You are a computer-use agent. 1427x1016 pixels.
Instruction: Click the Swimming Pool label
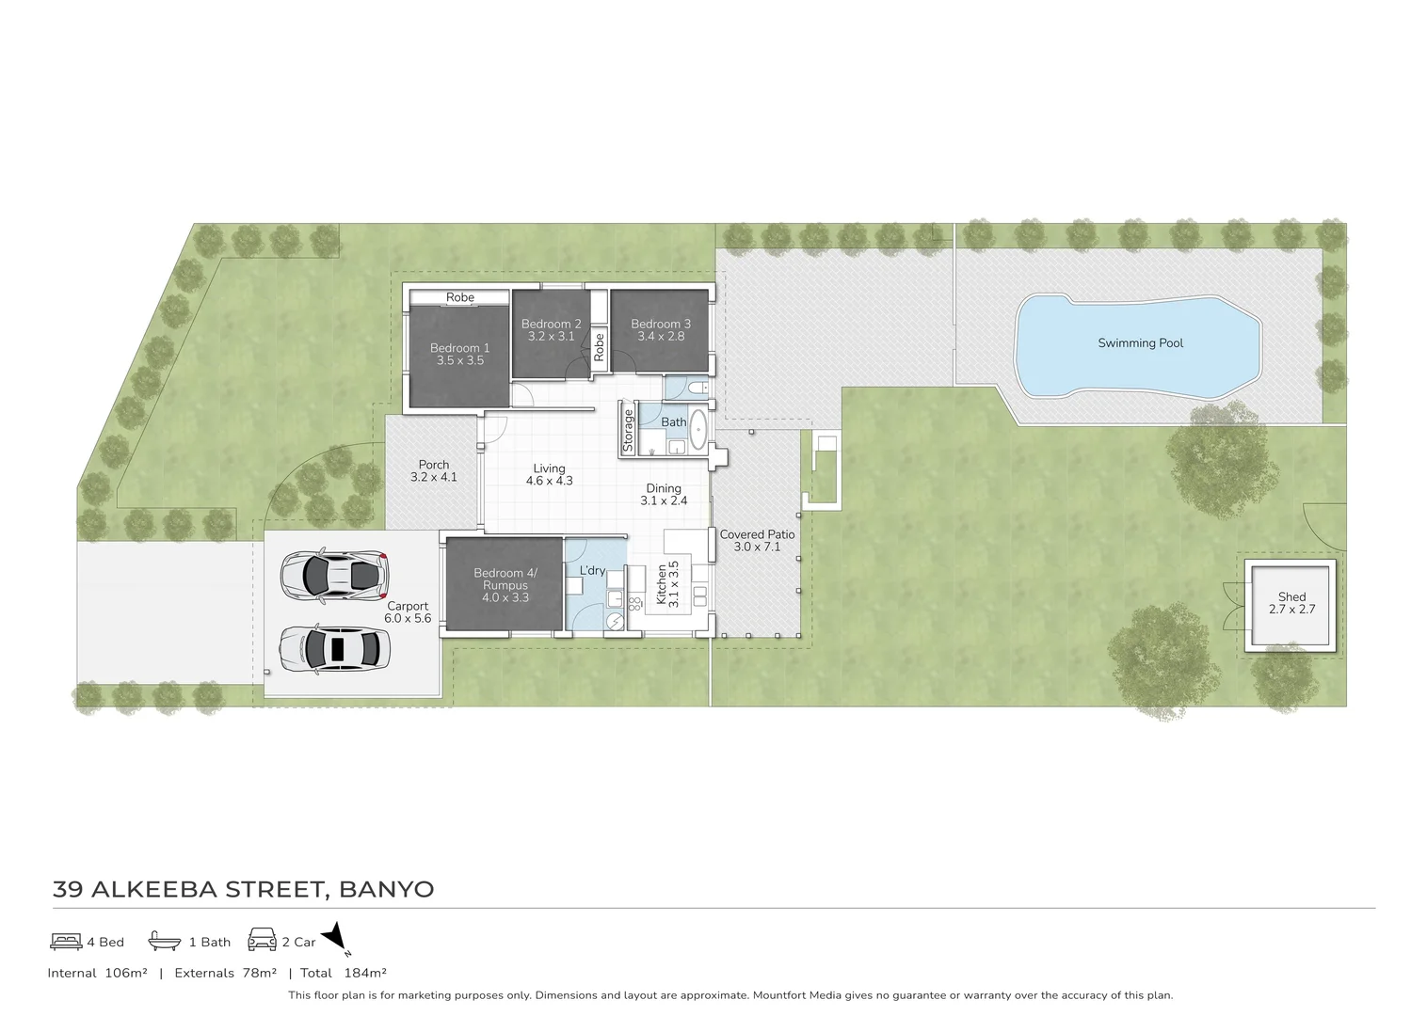tap(1140, 343)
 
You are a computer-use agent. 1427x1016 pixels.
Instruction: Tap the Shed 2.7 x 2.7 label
tap(1291, 603)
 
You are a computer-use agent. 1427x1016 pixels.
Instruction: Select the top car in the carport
tap(334, 574)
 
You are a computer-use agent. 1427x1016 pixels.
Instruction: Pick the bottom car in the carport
tap(334, 649)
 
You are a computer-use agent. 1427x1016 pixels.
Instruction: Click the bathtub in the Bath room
tap(698, 430)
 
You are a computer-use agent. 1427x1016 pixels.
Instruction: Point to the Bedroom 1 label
tap(459, 348)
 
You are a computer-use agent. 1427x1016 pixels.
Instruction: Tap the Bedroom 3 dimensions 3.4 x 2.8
tap(661, 337)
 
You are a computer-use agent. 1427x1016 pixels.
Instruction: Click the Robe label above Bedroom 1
tap(460, 297)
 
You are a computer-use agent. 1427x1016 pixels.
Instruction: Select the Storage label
tap(629, 430)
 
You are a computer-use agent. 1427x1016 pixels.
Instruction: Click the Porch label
tap(434, 465)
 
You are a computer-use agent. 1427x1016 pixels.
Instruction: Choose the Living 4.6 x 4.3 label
tap(549, 474)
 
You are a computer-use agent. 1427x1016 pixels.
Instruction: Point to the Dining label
tap(664, 488)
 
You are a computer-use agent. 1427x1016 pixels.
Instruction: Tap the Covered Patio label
tap(757, 534)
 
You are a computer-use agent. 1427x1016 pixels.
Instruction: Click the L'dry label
tap(592, 570)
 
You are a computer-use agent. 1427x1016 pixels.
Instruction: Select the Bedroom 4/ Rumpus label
tap(505, 579)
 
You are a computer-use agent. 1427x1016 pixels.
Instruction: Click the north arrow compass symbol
tap(336, 938)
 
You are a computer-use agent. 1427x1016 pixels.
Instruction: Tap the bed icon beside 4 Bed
tap(66, 941)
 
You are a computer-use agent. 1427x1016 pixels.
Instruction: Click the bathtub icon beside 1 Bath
tap(165, 941)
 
